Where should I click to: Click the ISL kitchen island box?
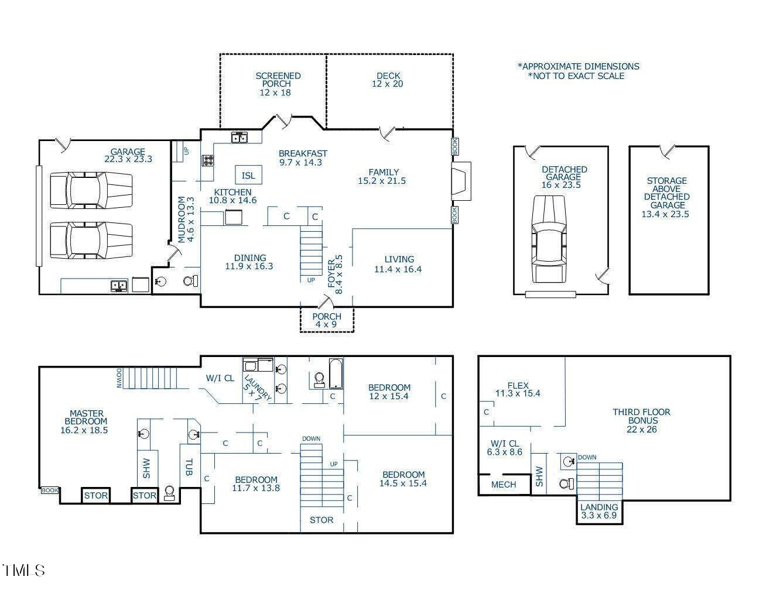pos(249,174)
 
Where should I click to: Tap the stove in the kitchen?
pos(208,161)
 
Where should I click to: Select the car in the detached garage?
pos(549,239)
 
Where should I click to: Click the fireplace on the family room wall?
pos(461,181)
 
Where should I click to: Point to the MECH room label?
pos(504,485)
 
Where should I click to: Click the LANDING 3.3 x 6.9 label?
pos(599,512)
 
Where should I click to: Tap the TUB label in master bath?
pos(189,468)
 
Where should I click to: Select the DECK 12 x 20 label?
pos(388,80)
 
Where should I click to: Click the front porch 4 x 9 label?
pos(327,320)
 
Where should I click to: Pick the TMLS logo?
pos(23,570)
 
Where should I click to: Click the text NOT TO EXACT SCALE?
pos(576,76)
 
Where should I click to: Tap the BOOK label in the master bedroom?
pos(49,490)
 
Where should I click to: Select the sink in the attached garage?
pos(119,286)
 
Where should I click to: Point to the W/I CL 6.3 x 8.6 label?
pos(504,448)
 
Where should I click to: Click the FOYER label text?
pos(331,274)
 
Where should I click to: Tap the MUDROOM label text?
pos(182,219)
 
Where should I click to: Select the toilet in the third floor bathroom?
pos(566,483)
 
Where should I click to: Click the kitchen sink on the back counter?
pos(240,137)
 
